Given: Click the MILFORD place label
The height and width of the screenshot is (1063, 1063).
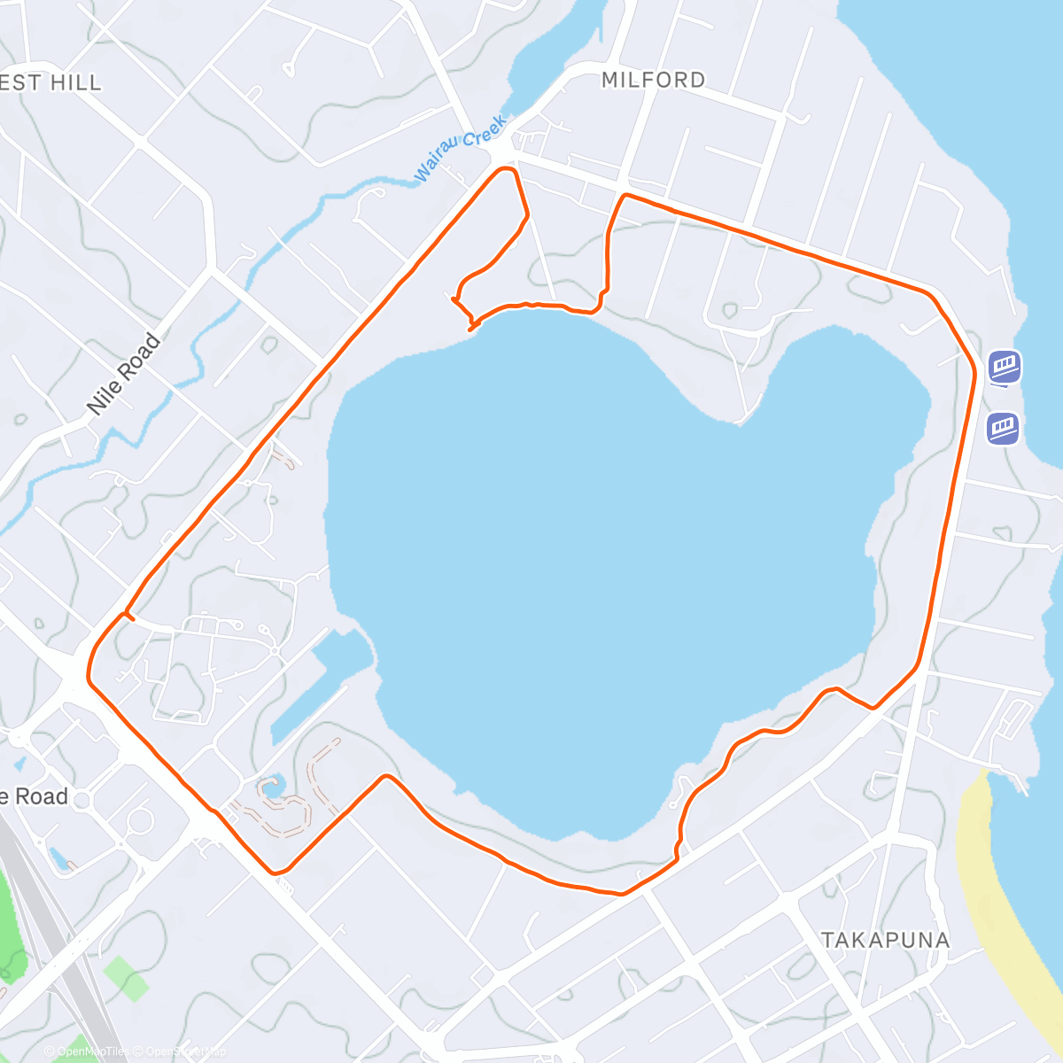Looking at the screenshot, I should (653, 80).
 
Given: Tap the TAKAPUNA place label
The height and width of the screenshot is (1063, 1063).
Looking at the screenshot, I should (885, 940).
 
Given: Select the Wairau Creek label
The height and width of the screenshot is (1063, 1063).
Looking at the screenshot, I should (460, 147).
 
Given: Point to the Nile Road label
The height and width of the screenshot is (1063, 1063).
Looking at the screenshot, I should (124, 374).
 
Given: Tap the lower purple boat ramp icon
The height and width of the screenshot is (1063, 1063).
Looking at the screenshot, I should (1003, 429).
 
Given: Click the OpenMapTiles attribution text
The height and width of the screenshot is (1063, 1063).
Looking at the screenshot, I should (89, 1052).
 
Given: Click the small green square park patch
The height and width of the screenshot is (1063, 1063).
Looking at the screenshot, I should (127, 977).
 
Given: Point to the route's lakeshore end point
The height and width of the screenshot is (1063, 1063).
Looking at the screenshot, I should (470, 330).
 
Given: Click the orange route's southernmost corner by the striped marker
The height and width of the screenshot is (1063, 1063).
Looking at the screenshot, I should (278, 870).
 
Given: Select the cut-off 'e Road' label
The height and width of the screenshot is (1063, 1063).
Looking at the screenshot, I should (34, 796).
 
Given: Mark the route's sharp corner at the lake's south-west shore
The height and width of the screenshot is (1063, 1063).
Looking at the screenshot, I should (386, 777).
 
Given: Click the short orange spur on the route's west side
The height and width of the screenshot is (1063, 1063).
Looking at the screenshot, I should (129, 617).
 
